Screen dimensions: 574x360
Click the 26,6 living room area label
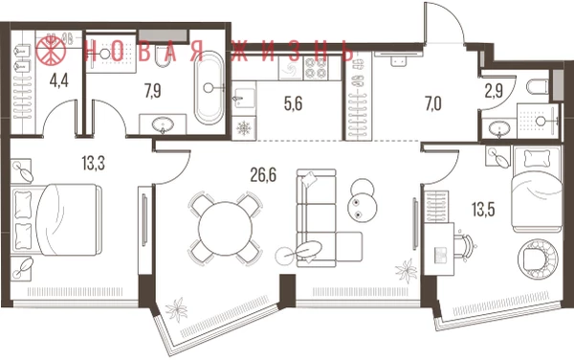click(x=264, y=175)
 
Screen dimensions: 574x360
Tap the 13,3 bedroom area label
click(x=94, y=163)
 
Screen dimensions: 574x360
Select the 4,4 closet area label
click(x=59, y=80)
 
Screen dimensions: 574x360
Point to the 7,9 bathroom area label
click(x=153, y=90)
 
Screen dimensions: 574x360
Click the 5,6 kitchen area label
click(x=294, y=103)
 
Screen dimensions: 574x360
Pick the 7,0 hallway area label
click(x=433, y=103)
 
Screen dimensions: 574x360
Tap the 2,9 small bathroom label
click(x=494, y=92)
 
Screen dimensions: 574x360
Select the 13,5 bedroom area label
click(x=483, y=210)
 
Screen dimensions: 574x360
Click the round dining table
click(x=225, y=229)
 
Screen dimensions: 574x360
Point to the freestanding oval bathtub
click(x=209, y=88)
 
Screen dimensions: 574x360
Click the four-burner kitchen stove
click(x=316, y=68)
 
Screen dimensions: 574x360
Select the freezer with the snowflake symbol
click(x=243, y=128)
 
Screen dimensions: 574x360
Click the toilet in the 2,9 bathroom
click(x=538, y=87)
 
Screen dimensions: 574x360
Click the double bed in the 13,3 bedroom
click(x=57, y=219)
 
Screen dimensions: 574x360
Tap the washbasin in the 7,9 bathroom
click(x=163, y=124)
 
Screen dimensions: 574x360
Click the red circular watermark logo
click(x=51, y=50)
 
